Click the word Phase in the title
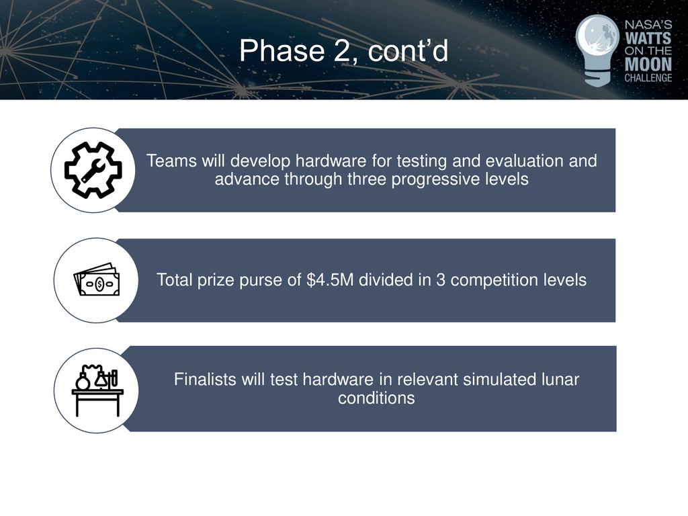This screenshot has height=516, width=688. (282, 51)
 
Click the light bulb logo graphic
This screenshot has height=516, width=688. (597, 50)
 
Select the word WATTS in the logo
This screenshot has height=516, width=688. (648, 38)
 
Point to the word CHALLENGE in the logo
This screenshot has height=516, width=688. (648, 78)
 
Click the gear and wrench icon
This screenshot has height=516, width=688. (93, 170)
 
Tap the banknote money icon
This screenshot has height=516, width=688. (97, 279)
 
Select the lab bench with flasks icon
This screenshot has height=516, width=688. (97, 390)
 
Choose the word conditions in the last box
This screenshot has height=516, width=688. (376, 398)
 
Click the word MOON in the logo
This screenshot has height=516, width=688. (648, 64)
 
